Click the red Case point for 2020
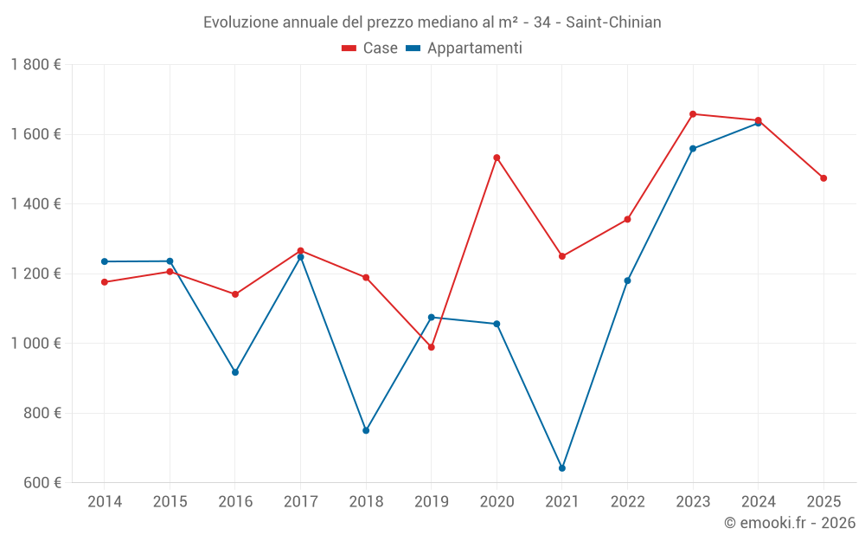pyautogui.click(x=497, y=158)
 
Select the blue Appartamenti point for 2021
pyautogui.click(x=562, y=468)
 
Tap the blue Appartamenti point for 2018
pyautogui.click(x=366, y=430)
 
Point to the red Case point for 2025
pyautogui.click(x=823, y=178)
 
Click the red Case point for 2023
pyautogui.click(x=693, y=114)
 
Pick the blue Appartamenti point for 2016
pyautogui.click(x=235, y=372)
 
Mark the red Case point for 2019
pyautogui.click(x=432, y=347)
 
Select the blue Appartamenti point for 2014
pyautogui.click(x=105, y=261)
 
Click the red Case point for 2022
pyautogui.click(x=627, y=219)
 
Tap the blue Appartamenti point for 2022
pyautogui.click(x=627, y=280)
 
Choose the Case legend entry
pyautogui.click(x=370, y=48)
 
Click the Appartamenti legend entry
pyautogui.click(x=465, y=48)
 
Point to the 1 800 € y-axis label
pyautogui.click(x=36, y=65)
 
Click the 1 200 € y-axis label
pyautogui.click(x=36, y=274)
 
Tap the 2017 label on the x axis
pyautogui.click(x=300, y=502)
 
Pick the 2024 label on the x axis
pyautogui.click(x=758, y=502)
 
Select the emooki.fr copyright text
pyautogui.click(x=789, y=523)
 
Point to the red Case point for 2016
pyautogui.click(x=235, y=294)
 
